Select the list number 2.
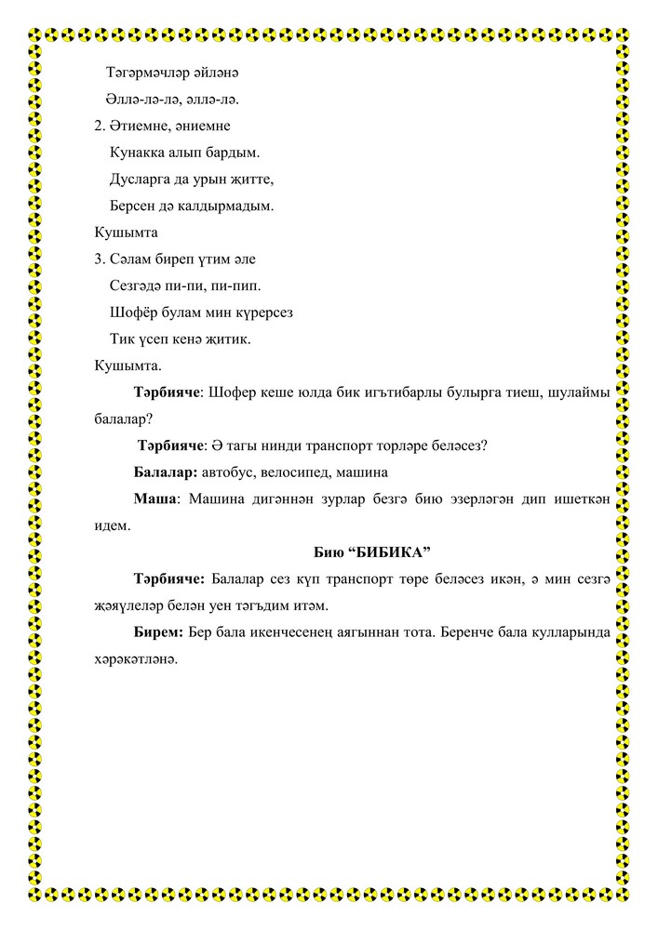click(x=101, y=125)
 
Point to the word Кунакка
click(x=139, y=152)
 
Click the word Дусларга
click(x=141, y=179)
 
